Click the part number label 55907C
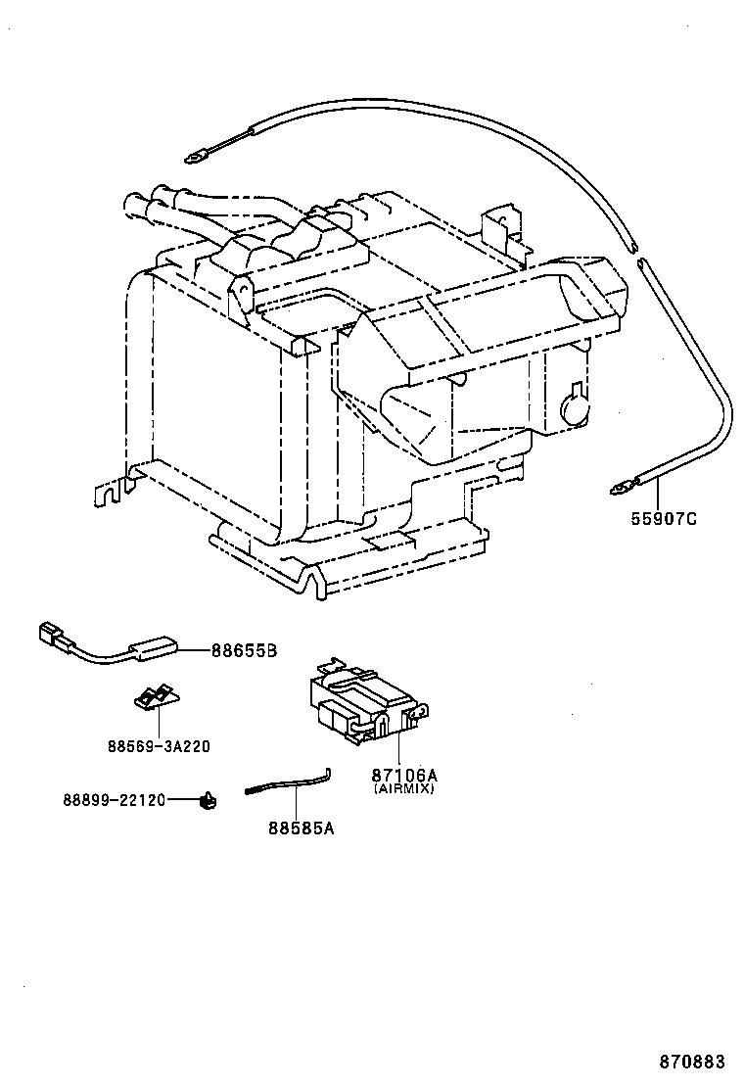(x=663, y=519)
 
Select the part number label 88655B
(x=245, y=649)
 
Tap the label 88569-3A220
(x=159, y=745)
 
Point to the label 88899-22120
(x=114, y=800)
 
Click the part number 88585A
(x=301, y=829)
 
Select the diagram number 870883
(x=691, y=1062)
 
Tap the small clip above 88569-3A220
(x=156, y=697)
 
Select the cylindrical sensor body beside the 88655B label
(x=153, y=649)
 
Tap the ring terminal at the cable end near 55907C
(x=621, y=484)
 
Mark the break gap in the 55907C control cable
(x=638, y=257)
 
